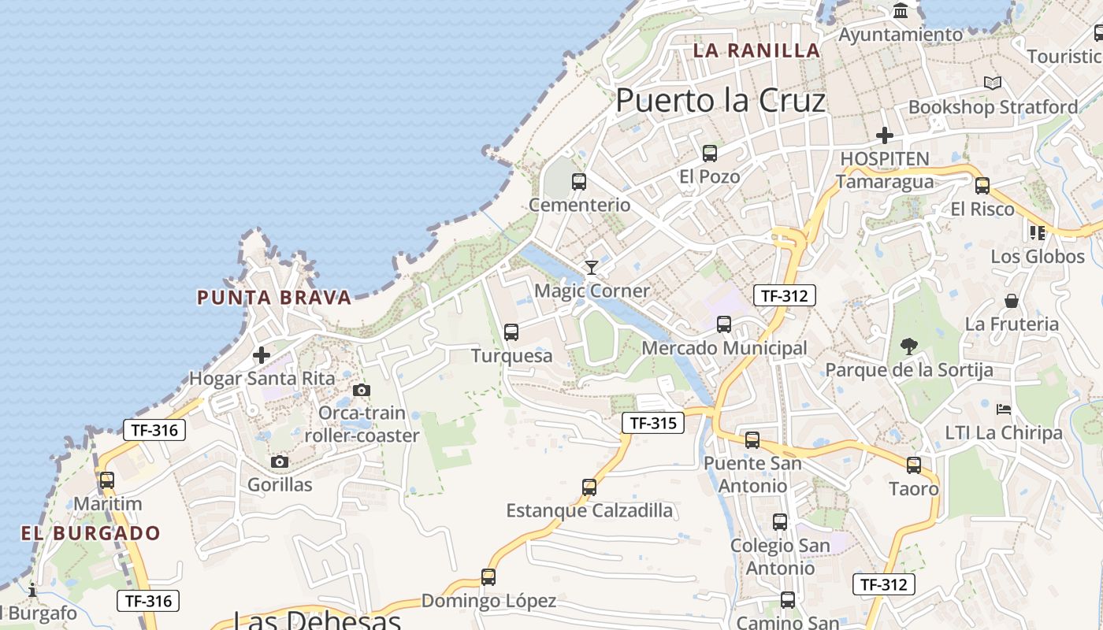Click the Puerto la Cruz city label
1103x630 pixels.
tap(720, 101)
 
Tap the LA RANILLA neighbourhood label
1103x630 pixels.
tap(756, 51)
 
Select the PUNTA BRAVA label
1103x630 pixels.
tap(273, 298)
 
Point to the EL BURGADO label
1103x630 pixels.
tap(91, 533)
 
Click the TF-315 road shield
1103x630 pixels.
tap(653, 423)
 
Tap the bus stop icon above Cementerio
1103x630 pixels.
tap(579, 182)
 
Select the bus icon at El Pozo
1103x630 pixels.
tap(710, 154)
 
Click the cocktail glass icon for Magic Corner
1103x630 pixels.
tap(592, 268)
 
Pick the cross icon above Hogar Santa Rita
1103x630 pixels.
tap(262, 355)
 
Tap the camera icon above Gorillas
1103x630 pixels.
tap(280, 461)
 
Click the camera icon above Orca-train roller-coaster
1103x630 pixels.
tap(362, 390)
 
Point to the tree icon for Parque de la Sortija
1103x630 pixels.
tap(909, 346)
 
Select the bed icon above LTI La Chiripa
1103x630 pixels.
tap(1004, 409)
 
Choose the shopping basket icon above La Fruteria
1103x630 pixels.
tap(1012, 301)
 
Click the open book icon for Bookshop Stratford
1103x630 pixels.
tap(993, 83)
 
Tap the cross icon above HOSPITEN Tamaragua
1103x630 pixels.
tap(885, 135)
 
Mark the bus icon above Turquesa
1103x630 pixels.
tap(511, 332)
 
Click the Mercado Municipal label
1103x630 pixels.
tap(724, 348)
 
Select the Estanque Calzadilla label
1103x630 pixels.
tap(589, 511)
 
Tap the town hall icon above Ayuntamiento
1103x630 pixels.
tap(901, 12)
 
